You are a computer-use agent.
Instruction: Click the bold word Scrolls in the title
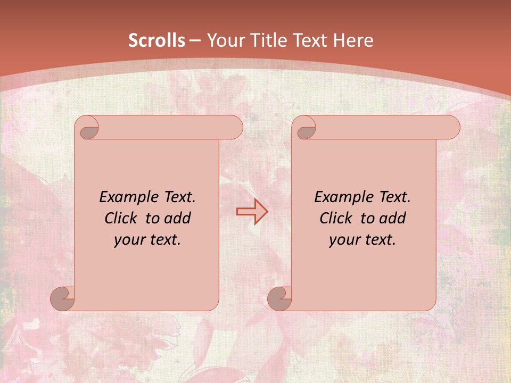click(156, 40)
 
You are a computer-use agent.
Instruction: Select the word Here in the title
click(353, 40)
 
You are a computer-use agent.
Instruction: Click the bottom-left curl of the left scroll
click(63, 298)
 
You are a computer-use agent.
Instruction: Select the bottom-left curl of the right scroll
click(280, 298)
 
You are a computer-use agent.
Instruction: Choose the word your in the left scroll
click(129, 240)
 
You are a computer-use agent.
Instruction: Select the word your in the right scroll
click(344, 240)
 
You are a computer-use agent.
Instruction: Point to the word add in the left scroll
click(178, 218)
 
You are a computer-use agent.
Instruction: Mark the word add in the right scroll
click(393, 218)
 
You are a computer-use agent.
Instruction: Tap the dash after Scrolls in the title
click(195, 40)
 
